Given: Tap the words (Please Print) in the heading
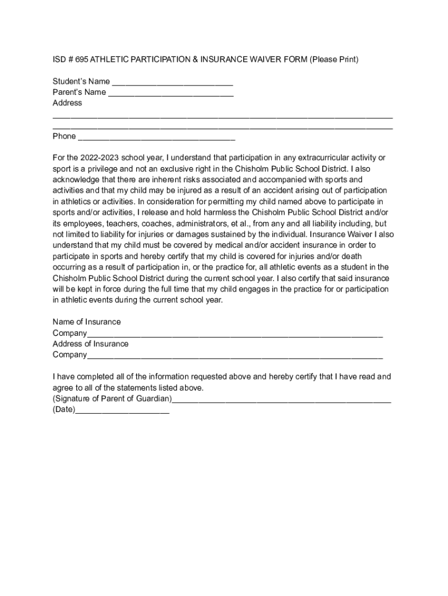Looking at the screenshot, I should pos(334,59).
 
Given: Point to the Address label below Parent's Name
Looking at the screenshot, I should pos(67,103).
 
